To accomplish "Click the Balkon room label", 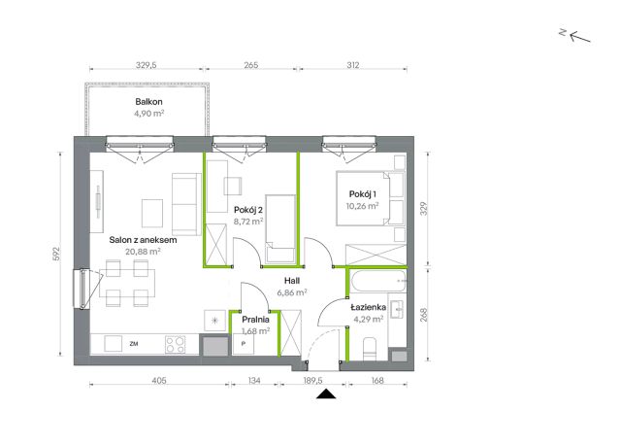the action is [x=148, y=101].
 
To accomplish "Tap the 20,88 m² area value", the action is [x=143, y=252].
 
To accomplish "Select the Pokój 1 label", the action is [x=362, y=194].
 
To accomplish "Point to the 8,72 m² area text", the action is [x=248, y=222].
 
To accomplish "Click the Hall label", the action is [x=292, y=281].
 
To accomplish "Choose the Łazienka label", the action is [x=369, y=307].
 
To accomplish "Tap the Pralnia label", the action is [x=255, y=320].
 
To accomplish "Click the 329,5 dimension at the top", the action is [x=147, y=65].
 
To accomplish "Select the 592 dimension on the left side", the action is [x=56, y=254].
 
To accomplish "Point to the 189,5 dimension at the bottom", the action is [x=312, y=380].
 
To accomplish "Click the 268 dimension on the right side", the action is [x=424, y=315].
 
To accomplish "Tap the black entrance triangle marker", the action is [x=326, y=394].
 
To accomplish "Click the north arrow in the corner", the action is [x=580, y=37].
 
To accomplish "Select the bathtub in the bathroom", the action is [x=378, y=281].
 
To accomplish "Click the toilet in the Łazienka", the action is [x=369, y=349].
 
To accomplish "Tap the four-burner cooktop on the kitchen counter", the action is [x=175, y=344].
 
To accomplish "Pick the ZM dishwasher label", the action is [x=134, y=344].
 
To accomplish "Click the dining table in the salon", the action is [x=127, y=283].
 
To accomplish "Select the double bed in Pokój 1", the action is [x=363, y=198].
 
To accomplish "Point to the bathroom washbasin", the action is [x=397, y=309].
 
